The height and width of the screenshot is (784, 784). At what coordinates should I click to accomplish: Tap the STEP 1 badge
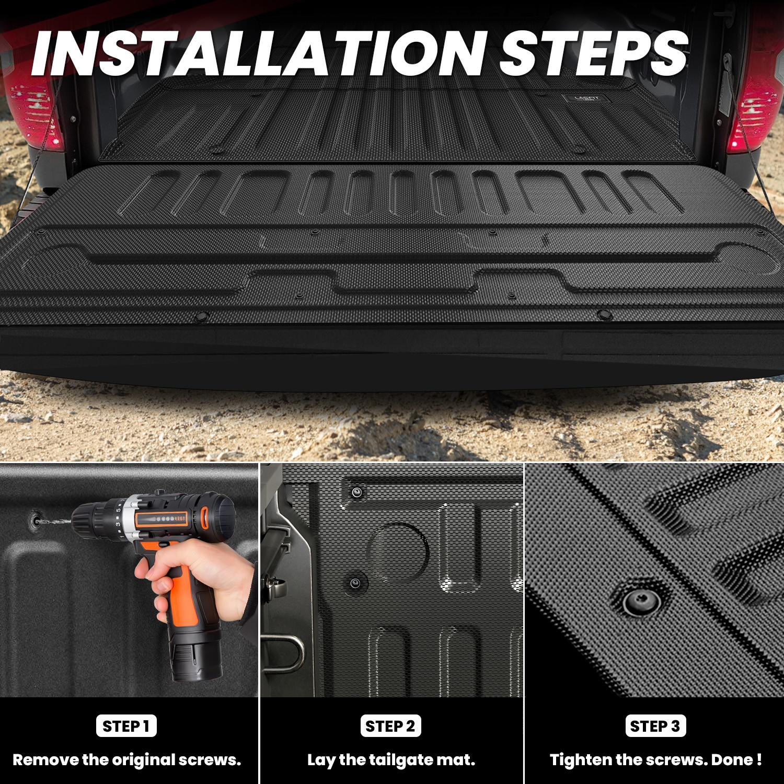point(126,726)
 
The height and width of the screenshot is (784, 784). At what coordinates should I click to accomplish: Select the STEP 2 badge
point(390,726)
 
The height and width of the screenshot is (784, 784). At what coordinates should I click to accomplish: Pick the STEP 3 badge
point(655,726)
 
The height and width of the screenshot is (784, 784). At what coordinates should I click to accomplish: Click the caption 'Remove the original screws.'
point(127,760)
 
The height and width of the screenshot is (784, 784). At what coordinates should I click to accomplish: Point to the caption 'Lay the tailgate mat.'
point(391,760)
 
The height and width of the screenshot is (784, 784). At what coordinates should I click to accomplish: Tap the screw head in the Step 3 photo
point(641,601)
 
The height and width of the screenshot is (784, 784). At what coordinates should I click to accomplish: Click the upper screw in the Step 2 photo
point(357,492)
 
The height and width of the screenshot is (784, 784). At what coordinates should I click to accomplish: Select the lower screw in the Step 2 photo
point(355,583)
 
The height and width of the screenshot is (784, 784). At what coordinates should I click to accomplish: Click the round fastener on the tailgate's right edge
point(605,315)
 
